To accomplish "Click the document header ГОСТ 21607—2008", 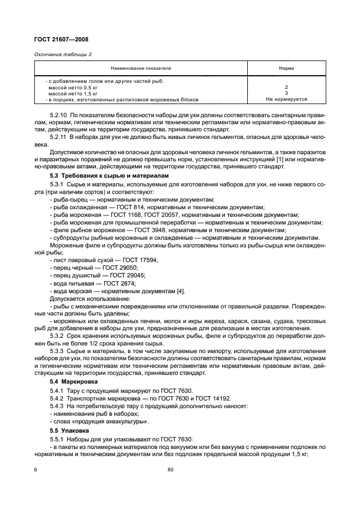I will click(62, 39).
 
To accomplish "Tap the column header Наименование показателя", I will click(141, 69).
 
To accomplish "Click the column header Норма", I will click(286, 69).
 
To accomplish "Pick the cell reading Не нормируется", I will click(286, 100).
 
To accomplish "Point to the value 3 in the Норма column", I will click(286, 93).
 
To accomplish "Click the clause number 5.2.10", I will click(58, 116).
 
